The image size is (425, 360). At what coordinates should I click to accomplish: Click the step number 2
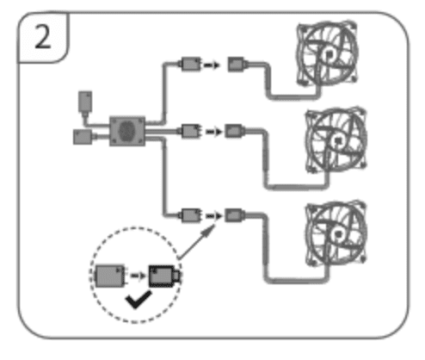tap(43, 37)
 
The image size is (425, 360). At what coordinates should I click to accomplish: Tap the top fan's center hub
tap(330, 54)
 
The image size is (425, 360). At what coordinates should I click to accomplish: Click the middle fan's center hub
tap(338, 140)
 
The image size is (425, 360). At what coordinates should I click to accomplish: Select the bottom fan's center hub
tap(338, 234)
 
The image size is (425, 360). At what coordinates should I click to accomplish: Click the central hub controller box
tap(127, 131)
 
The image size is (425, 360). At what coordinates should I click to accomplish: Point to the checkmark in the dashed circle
tap(138, 300)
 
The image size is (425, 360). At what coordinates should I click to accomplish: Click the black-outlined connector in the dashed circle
tap(164, 276)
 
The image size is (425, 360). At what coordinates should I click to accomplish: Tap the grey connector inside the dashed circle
tap(110, 276)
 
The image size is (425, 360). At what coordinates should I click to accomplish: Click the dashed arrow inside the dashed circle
tap(138, 276)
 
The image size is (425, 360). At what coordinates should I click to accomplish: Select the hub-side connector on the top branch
tap(190, 64)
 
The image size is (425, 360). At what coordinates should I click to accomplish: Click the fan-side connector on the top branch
tap(237, 65)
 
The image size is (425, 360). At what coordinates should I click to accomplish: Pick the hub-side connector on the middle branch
tap(190, 131)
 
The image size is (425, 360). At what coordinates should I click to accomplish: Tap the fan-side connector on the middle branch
tap(234, 131)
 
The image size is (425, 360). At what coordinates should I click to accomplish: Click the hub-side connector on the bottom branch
tap(190, 215)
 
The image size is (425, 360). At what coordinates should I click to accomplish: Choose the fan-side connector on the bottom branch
tap(234, 215)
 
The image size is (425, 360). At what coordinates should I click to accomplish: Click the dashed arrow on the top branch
tap(212, 65)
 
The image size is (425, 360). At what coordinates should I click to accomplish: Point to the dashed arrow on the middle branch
tap(213, 132)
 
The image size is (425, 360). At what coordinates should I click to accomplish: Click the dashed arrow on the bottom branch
tap(213, 215)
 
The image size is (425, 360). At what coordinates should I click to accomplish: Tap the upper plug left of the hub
tap(85, 102)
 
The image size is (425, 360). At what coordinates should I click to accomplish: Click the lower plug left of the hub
tap(83, 137)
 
